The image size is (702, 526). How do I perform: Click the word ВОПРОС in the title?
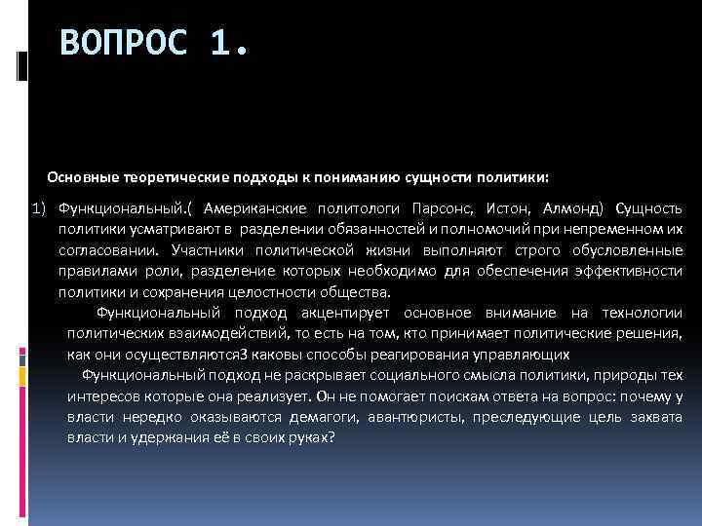coord(123,44)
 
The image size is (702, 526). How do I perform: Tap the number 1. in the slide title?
coord(230,44)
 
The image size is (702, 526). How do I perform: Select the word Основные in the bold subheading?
coord(84,178)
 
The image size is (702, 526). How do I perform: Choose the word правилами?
coord(88,271)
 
